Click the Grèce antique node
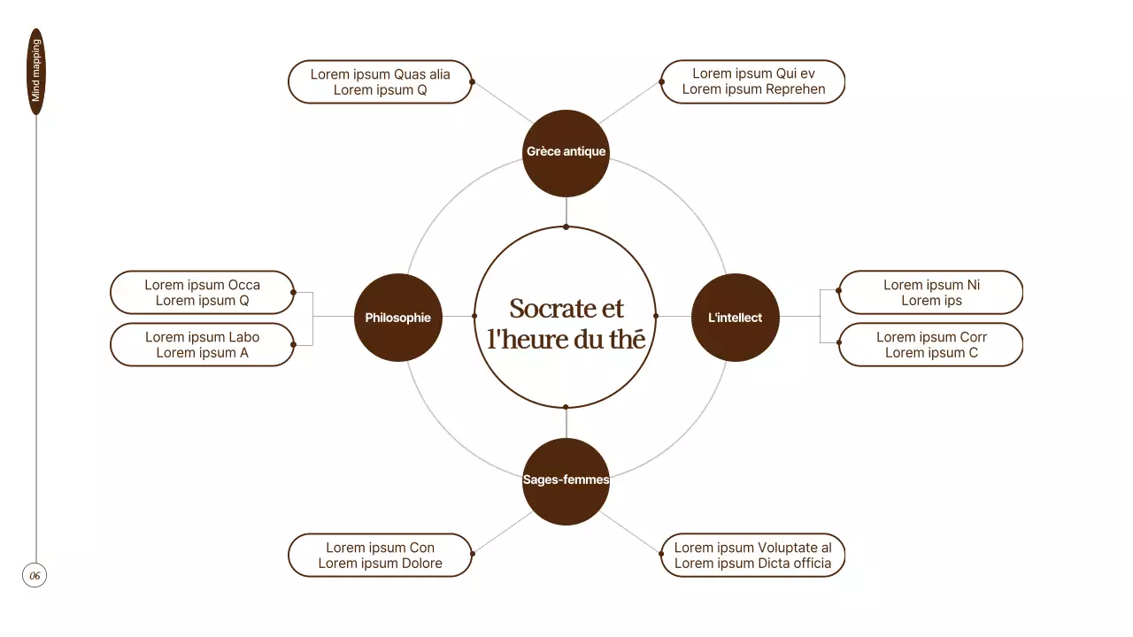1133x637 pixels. tap(566, 152)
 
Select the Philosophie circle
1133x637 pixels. tap(397, 318)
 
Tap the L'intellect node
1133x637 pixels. tap(735, 318)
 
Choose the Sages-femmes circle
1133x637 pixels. tap(566, 480)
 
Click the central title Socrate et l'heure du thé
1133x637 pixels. tap(566, 323)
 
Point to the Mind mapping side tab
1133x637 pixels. tap(36, 72)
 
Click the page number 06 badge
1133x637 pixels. tap(35, 576)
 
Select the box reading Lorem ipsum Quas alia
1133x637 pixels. tap(380, 82)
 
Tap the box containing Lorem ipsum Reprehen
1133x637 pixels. tap(753, 82)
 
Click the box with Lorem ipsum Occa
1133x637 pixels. tap(202, 293)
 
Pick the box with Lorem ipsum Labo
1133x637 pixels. tap(202, 345)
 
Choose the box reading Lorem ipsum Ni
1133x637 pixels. tap(931, 293)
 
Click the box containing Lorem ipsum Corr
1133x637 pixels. tap(931, 345)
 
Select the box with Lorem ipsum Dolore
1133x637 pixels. tap(380, 556)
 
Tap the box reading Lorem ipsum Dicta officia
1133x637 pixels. tap(753, 556)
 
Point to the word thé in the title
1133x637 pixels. tap(627, 338)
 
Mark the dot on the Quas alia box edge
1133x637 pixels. tap(472, 82)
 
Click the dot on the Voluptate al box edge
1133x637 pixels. tap(661, 554)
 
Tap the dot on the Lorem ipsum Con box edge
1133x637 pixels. tap(472, 554)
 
